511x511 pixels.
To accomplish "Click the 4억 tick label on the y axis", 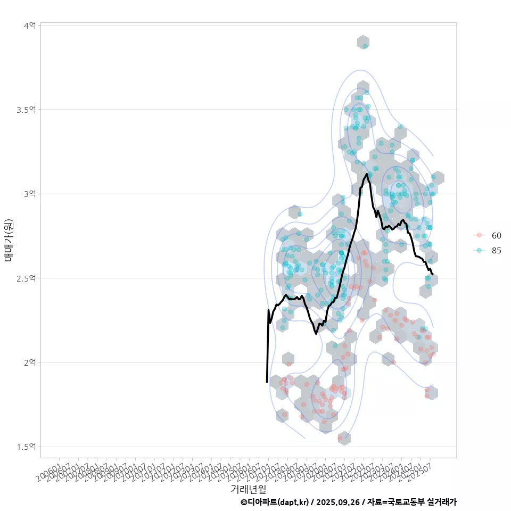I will coord(30,25).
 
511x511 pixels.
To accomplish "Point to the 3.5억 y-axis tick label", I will coord(26,110).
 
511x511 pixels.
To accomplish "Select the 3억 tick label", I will coord(30,194).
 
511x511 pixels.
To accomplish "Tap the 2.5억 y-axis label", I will coord(26,278).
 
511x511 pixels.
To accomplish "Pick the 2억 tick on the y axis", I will coord(30,362).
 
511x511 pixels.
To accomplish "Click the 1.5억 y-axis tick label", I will coord(26,447).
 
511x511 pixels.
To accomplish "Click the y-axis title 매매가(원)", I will coord(9,240).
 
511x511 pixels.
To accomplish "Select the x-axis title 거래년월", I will coord(248,489).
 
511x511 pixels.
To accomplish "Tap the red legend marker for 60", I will coord(480,235).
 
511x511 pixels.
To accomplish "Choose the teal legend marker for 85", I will coord(480,251).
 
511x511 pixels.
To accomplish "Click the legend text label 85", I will coord(497,251).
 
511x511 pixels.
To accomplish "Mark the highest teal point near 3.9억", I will coord(365,46).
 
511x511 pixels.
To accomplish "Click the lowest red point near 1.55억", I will coord(340,439).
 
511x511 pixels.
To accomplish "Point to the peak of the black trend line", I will coord(366,174).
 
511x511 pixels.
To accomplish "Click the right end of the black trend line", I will coord(433,274).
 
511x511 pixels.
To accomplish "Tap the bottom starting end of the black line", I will coord(267,382).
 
